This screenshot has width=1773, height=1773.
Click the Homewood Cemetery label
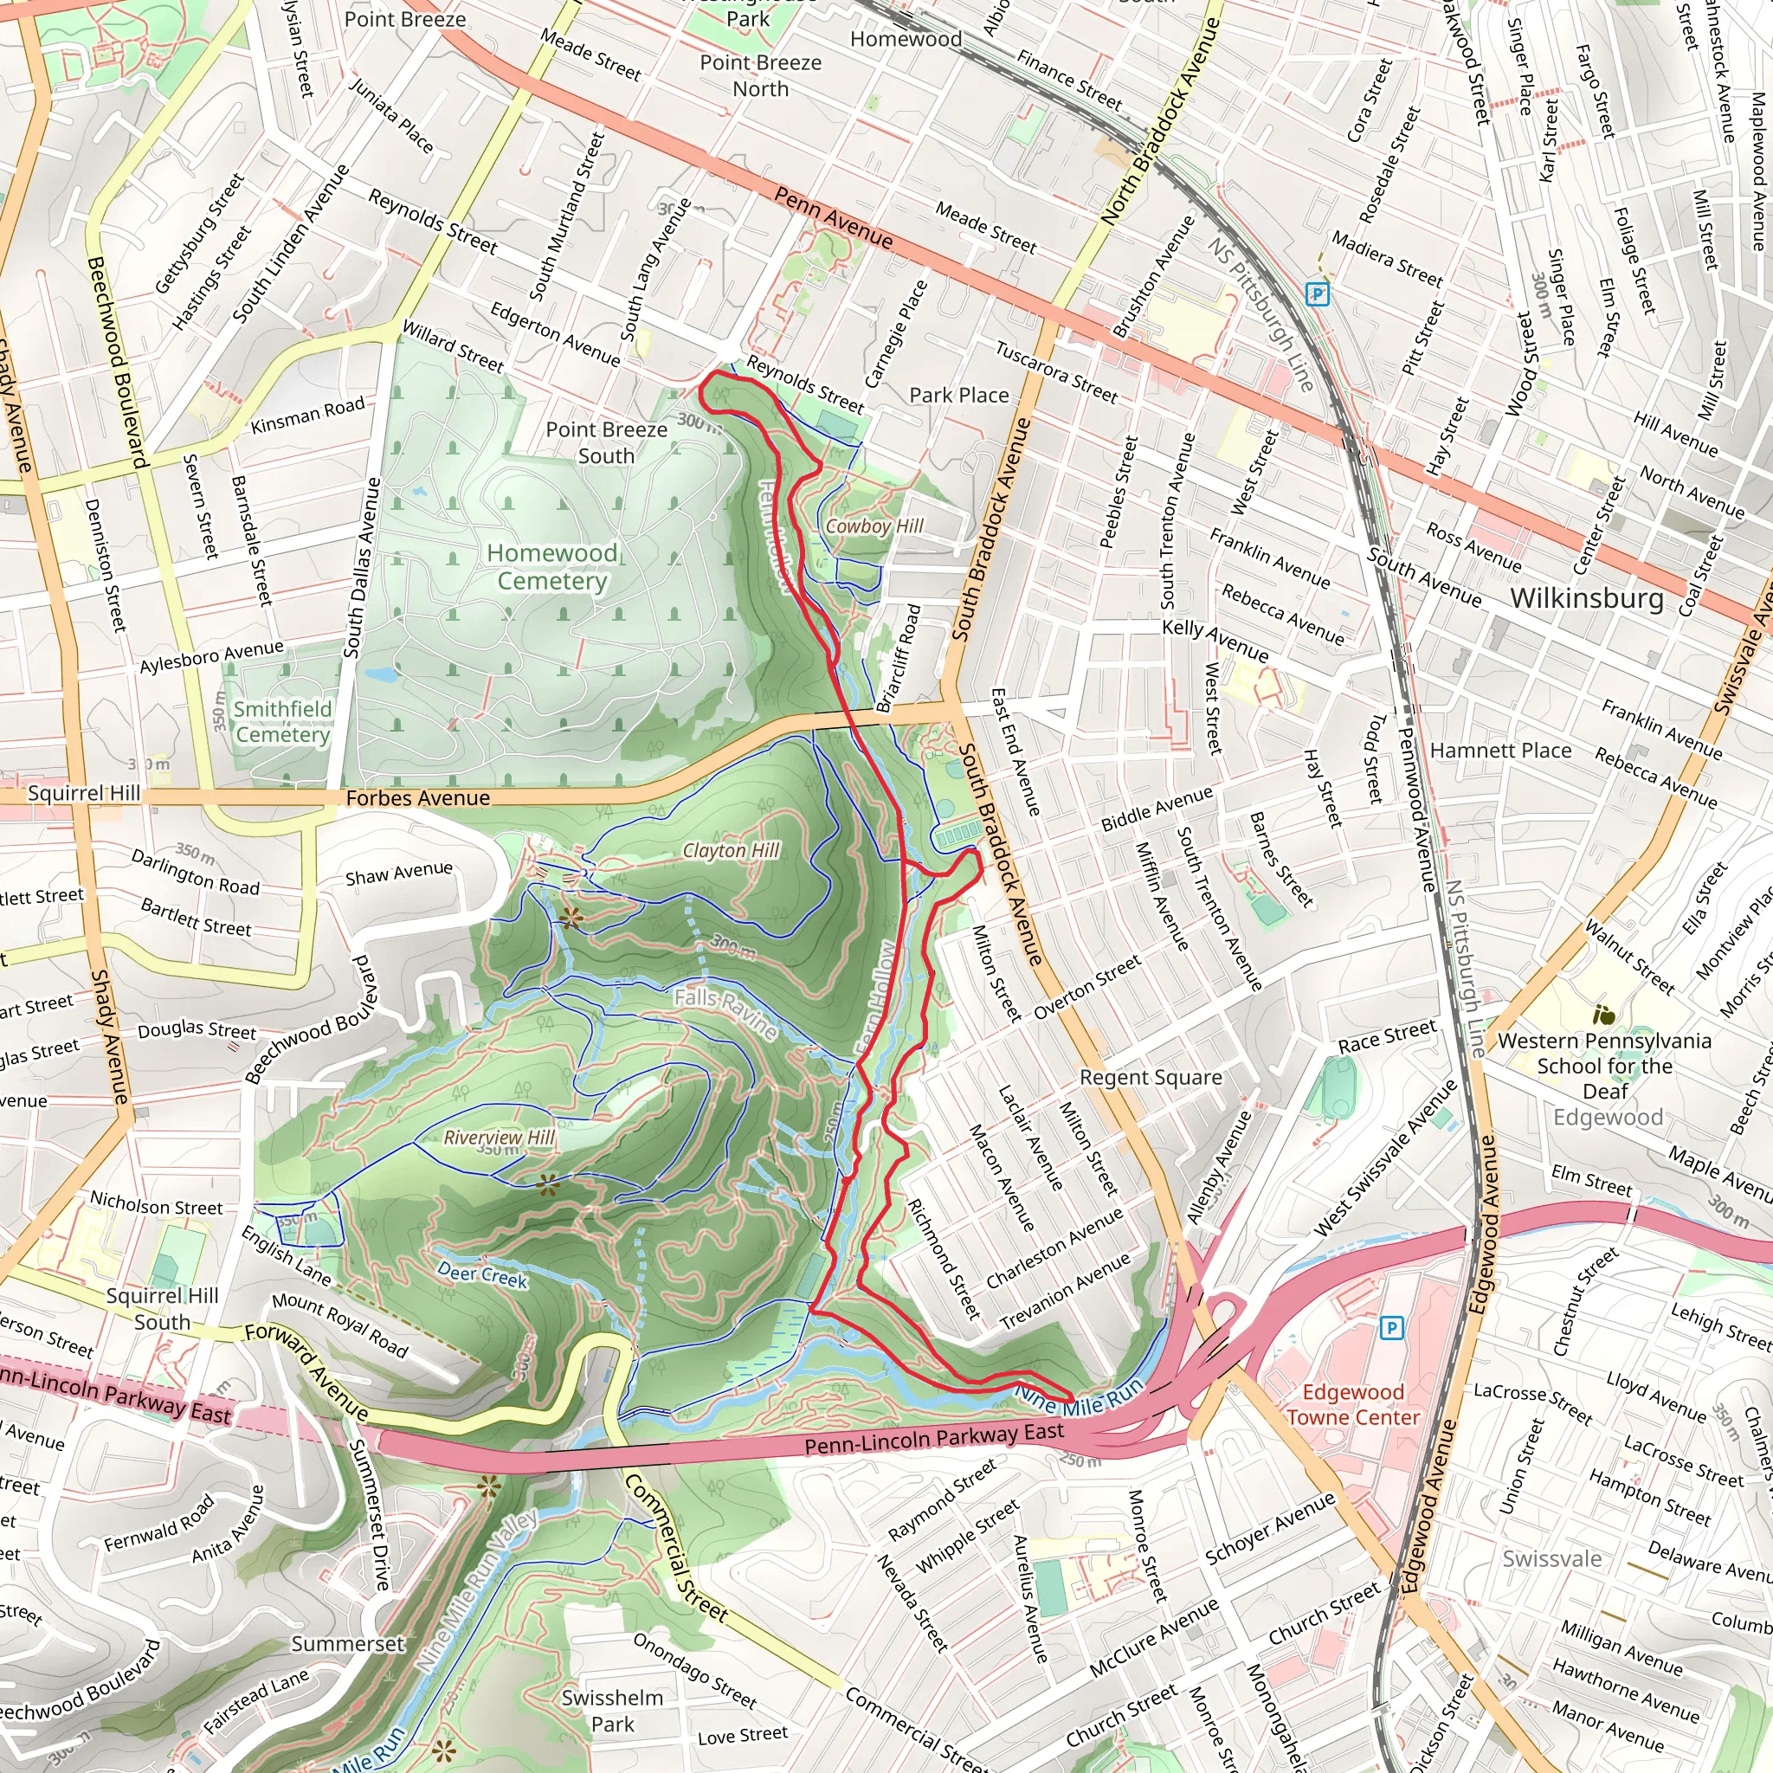click(551, 566)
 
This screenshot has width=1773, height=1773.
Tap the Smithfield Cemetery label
click(281, 721)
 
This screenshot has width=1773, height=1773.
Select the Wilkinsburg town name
click(1587, 598)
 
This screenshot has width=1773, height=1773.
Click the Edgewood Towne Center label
click(1353, 1404)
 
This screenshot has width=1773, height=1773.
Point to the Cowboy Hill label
click(874, 525)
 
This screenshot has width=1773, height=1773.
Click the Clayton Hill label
click(731, 851)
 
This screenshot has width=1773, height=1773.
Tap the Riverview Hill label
click(500, 1137)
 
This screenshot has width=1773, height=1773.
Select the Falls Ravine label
click(725, 1012)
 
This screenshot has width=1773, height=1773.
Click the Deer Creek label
click(482, 1274)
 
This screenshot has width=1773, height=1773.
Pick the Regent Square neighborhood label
click(1150, 1077)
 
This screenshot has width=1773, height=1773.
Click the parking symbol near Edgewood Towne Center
click(1391, 1328)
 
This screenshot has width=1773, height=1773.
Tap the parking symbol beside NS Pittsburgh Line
click(1318, 293)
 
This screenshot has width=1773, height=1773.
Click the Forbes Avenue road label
click(417, 798)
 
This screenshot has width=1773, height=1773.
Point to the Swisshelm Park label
click(612, 1711)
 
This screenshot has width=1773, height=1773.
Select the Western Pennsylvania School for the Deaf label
click(1604, 1066)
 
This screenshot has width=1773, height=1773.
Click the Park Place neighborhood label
click(959, 396)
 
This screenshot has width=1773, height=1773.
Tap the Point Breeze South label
click(607, 442)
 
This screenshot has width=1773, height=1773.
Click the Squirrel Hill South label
click(163, 1308)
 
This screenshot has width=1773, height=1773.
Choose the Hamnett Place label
click(1500, 751)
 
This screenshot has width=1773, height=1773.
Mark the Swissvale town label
click(1552, 1558)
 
